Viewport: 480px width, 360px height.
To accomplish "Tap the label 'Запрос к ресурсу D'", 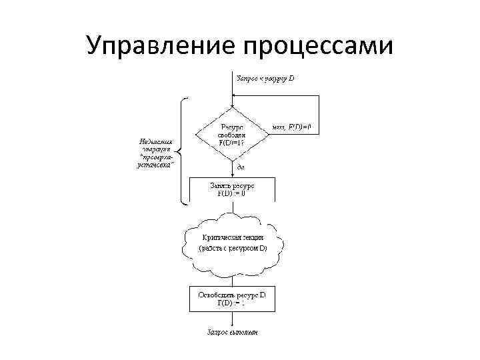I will [265, 79].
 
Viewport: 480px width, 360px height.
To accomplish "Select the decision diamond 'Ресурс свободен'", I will [231, 133].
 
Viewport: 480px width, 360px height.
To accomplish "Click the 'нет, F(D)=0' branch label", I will [293, 127].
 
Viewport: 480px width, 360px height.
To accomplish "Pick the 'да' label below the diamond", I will [239, 167].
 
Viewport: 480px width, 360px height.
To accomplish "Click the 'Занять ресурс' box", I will [231, 189].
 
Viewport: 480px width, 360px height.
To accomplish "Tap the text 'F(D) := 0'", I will [231, 193].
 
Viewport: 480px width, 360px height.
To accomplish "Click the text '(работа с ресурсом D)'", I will [233, 249].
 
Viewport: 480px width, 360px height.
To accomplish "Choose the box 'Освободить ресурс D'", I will [231, 298].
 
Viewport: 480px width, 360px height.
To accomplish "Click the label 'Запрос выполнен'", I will [231, 331].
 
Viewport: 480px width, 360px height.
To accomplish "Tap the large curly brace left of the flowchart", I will [181, 149].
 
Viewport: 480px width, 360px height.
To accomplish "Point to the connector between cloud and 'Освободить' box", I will [231, 281].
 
